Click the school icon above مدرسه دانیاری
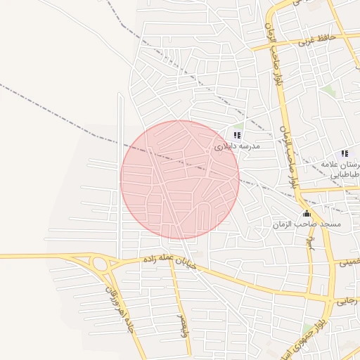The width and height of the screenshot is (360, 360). [237, 135]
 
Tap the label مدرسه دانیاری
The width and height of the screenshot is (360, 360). [237, 146]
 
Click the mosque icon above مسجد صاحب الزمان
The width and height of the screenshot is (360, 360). [306, 214]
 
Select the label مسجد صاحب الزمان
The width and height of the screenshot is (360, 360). [307, 224]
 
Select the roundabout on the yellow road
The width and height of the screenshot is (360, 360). [99, 265]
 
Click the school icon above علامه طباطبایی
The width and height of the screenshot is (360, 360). [345, 153]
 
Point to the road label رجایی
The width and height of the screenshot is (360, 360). [347, 301]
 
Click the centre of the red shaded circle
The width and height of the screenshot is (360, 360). [180, 179]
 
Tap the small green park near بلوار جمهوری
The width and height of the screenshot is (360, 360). [307, 329]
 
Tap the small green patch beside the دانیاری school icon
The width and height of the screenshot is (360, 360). [238, 127]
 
